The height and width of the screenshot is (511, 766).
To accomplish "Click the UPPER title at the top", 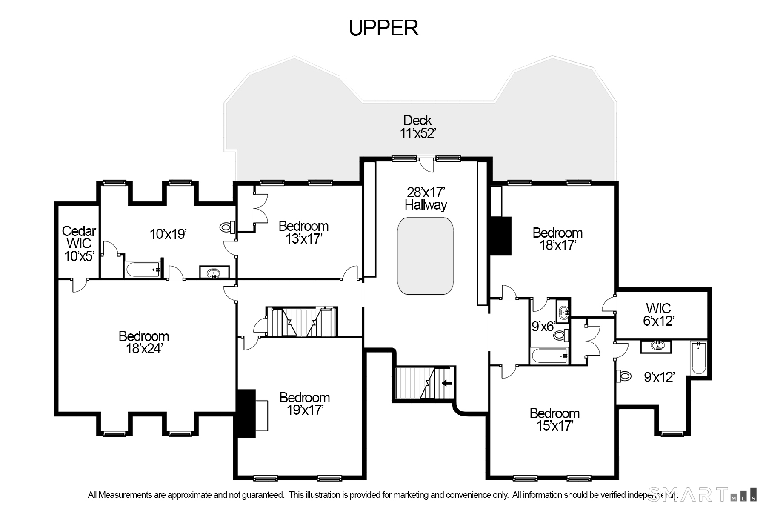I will click(x=383, y=28).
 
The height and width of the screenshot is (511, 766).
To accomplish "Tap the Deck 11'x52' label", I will click(x=418, y=127).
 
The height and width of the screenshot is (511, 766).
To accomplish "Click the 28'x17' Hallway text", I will click(x=426, y=198).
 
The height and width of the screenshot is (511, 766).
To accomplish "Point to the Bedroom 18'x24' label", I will click(x=144, y=342).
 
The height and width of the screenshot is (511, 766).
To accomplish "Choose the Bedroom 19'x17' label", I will click(x=305, y=404).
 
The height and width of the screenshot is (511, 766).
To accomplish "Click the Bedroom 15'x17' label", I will click(x=554, y=419).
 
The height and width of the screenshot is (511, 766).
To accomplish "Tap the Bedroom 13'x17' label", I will click(x=303, y=232).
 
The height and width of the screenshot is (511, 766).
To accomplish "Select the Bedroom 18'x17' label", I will click(x=557, y=239).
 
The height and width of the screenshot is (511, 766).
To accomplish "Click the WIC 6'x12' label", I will click(x=658, y=314).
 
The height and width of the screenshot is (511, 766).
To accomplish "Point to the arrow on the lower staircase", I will click(x=446, y=383).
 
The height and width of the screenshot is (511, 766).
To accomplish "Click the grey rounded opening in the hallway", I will click(x=425, y=256).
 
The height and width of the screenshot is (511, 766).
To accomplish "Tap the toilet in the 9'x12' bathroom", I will click(x=624, y=376).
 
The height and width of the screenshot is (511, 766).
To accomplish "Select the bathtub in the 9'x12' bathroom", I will click(x=698, y=358).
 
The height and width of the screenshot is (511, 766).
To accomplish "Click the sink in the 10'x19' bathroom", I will click(x=214, y=273).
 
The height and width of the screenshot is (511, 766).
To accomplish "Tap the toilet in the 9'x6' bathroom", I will click(x=561, y=335).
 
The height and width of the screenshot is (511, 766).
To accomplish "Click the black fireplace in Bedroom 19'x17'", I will click(x=246, y=413).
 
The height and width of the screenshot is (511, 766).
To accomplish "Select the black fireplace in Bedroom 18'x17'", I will click(x=500, y=236).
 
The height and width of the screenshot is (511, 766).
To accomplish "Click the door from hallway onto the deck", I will click(x=426, y=163).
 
